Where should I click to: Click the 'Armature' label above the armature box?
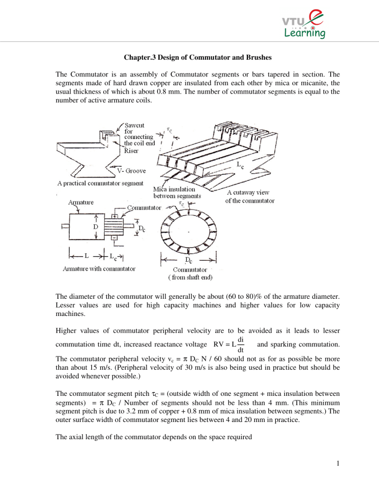83,201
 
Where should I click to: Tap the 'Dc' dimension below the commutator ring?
189,259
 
